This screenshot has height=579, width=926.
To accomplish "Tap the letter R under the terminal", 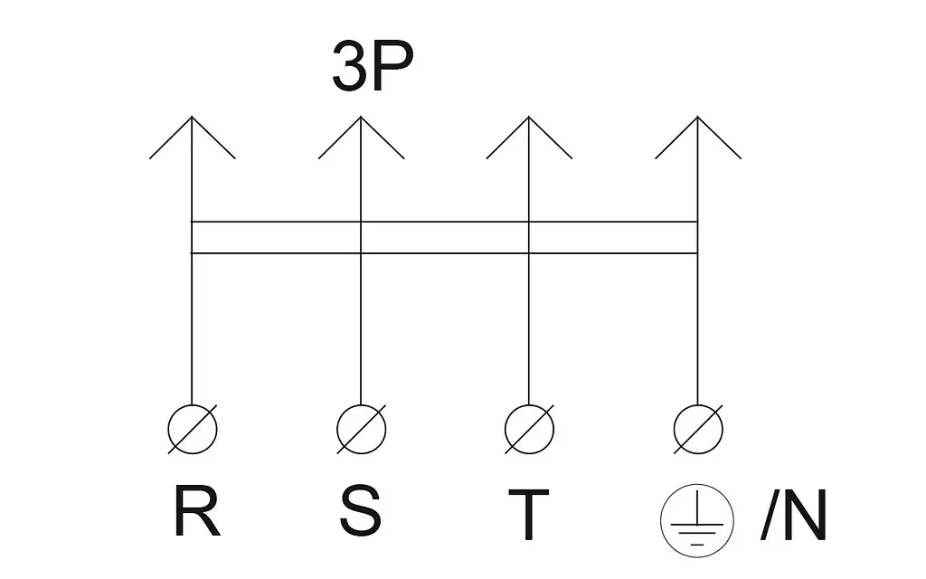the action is pos(197,510).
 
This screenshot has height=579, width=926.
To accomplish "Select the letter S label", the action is pos(360,510).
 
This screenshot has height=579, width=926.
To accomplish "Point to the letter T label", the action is pos(529,514).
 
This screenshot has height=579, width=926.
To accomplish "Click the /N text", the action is pos(793,514).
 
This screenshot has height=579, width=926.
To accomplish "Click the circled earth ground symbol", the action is pos(697,520).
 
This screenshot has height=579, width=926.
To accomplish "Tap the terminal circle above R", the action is pos(193,405).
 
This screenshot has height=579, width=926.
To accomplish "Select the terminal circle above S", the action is pos(361,405).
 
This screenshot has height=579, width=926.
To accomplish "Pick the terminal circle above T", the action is pos(529,405).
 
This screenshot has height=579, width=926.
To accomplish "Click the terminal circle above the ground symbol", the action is pos(698,405).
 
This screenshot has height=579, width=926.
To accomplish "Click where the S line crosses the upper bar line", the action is pos(361,222).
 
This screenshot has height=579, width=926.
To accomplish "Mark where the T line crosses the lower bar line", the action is pos(529,253).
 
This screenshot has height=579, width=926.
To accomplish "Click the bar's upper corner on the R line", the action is pos(192,222).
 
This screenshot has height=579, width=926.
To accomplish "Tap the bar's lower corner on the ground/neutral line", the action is pos(698,253).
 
